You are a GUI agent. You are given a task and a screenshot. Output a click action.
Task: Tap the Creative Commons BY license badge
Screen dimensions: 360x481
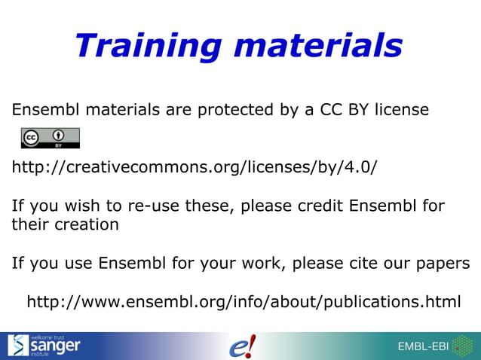[50, 139]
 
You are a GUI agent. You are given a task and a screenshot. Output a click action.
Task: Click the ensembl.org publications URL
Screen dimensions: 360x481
[244, 302]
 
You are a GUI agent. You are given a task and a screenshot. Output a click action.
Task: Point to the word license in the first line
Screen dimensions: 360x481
[399, 110]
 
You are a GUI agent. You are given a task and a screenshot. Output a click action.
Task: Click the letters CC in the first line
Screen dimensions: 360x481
[329, 110]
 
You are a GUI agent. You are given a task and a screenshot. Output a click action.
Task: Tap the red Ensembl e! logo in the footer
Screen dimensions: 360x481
[242, 346]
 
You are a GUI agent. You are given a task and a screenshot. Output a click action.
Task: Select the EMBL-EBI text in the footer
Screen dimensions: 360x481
[423, 346]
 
